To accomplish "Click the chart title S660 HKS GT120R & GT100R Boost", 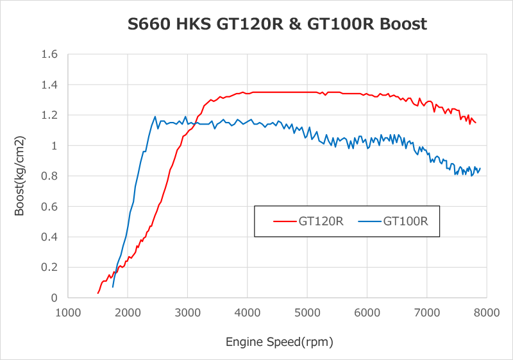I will point(276,24).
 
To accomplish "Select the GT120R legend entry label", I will point(321,222).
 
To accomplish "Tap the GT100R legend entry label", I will point(406,222).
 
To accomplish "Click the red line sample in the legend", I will point(285,222).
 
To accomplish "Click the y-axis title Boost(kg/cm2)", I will point(21,175).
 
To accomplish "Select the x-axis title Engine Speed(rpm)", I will point(280,341).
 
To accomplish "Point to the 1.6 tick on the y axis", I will point(49,55).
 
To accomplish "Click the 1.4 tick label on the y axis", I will point(49,85).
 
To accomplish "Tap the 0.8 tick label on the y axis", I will point(49,176).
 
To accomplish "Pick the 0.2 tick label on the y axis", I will point(49,267).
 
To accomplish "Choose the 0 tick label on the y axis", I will point(55,298).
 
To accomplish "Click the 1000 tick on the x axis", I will point(68,313).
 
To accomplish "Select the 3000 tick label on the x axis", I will point(187,313).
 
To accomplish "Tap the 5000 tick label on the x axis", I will point(307,313).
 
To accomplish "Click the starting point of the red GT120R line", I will point(98,293).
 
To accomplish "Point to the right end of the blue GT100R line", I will point(480,168).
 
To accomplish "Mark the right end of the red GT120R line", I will point(476,123).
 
